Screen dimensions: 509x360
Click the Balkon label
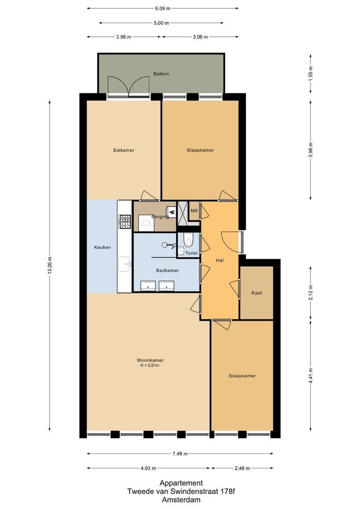[161, 74]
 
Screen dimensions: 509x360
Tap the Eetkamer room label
[124, 150]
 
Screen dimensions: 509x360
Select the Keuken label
[102, 247]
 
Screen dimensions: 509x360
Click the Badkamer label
[167, 271]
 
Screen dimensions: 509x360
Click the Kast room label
[256, 293]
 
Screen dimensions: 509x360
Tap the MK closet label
[194, 211]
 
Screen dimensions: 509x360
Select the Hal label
[220, 260]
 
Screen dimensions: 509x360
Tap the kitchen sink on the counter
[125, 264]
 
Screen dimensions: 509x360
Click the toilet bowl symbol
[189, 241]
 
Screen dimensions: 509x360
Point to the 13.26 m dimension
[49, 266]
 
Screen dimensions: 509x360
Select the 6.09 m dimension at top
[162, 8]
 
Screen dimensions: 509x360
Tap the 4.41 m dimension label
[310, 375]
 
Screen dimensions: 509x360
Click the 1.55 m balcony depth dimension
[310, 73]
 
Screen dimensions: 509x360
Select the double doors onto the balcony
[129, 87]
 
